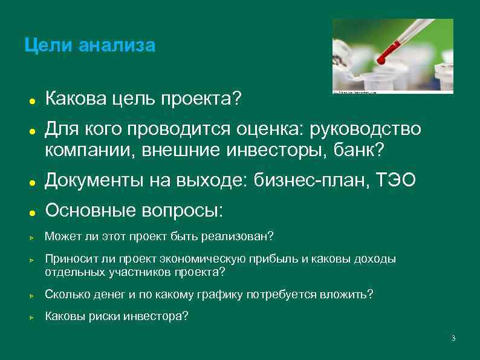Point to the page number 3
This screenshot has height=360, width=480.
tap(453, 338)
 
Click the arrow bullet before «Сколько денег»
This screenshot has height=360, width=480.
tap(29, 296)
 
